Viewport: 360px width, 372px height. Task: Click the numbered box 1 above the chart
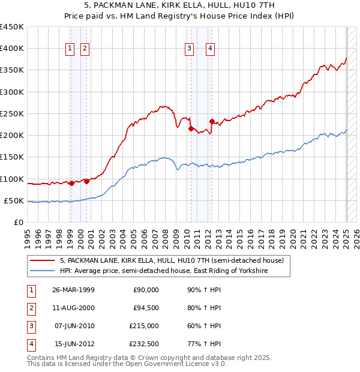pos(70,49)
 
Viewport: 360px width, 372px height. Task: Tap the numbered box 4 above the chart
pos(211,49)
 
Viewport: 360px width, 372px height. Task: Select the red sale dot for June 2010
pos(191,128)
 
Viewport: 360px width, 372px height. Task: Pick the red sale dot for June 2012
pos(212,121)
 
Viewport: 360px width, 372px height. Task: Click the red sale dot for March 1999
pos(71,183)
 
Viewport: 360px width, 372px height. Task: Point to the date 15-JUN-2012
pos(73,344)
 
